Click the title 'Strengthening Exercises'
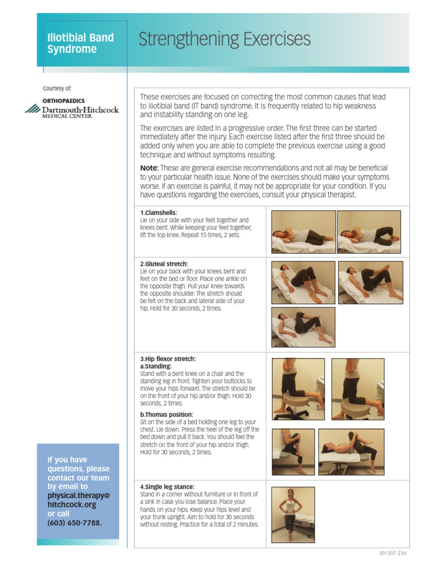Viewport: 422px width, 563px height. click(x=224, y=40)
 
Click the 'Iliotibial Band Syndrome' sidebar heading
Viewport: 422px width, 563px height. click(x=80, y=43)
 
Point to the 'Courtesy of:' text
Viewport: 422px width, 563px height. click(x=57, y=88)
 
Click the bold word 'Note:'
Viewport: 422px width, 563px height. click(x=149, y=168)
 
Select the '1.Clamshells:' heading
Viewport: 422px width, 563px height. click(x=159, y=212)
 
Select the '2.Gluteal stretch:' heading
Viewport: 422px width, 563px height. click(x=164, y=264)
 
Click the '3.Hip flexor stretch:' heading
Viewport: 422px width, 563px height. click(x=168, y=359)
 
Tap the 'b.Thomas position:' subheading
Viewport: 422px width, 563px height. click(x=166, y=415)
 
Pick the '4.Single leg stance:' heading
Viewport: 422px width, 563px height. click(x=168, y=487)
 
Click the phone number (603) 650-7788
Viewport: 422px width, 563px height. click(x=75, y=523)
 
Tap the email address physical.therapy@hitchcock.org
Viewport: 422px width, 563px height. click(x=79, y=500)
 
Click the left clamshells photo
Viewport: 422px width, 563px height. click(x=303, y=232)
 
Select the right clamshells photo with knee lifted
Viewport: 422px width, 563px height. click(x=369, y=232)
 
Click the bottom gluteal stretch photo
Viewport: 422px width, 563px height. click(x=303, y=327)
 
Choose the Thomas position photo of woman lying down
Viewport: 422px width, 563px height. click(x=351, y=452)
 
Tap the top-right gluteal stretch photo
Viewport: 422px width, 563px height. click(x=370, y=283)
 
